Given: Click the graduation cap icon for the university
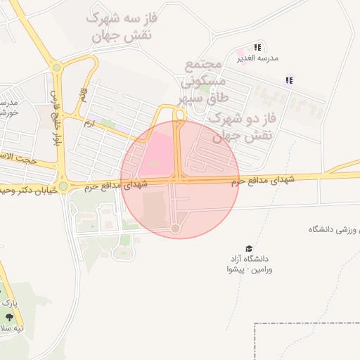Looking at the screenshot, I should click(x=248, y=248).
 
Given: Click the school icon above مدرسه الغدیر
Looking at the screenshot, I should click(x=257, y=47).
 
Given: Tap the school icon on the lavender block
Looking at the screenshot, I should click(x=288, y=80).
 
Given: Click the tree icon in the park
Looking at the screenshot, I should click(x=9, y=317).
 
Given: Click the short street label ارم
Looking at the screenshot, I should click(x=88, y=122).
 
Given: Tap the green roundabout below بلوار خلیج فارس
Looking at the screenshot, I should click(x=63, y=186).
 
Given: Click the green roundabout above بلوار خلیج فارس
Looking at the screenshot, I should click(x=57, y=68).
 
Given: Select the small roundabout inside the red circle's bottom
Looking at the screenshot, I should click(x=176, y=229).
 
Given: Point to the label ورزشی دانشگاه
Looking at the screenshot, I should click(x=333, y=230).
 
